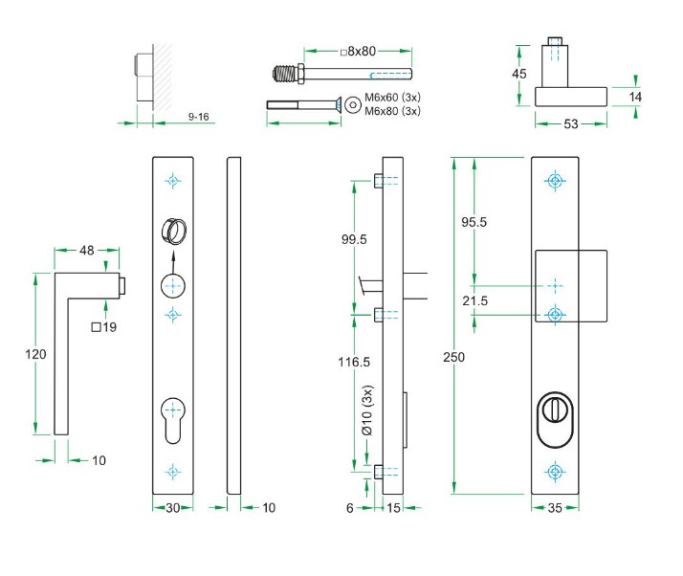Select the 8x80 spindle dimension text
358,52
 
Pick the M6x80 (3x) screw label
393,112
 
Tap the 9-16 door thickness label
199,116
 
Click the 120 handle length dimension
34,354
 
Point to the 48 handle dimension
86,251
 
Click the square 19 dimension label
104,328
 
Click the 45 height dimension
519,75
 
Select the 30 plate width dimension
172,508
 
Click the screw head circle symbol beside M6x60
352,103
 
